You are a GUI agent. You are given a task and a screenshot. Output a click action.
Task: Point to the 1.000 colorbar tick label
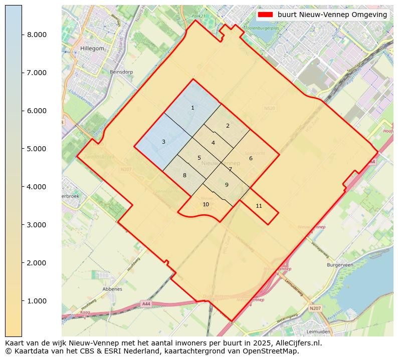[37, 301]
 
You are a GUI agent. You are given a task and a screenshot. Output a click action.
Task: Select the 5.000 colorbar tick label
[37, 149]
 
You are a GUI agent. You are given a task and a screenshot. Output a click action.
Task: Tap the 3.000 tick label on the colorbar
[37, 225]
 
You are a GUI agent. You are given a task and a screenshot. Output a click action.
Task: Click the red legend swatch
[265, 15]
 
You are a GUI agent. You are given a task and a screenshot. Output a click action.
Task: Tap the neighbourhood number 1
[192, 108]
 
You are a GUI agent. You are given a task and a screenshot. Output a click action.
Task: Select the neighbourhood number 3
[163, 142]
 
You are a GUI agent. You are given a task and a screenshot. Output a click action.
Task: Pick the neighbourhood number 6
[251, 158]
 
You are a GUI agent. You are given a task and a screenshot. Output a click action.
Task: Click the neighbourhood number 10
[206, 204]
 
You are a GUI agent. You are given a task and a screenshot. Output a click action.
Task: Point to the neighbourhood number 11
[259, 206]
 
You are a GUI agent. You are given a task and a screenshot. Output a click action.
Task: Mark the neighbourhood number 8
[184, 175]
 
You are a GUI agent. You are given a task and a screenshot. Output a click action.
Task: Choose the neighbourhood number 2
[228, 126]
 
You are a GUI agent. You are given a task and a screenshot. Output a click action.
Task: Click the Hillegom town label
[92, 49]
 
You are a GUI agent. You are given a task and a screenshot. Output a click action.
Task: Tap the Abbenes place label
[112, 289]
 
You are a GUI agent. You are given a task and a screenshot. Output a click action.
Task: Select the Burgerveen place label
[340, 264]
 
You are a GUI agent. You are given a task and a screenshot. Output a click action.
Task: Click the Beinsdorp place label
[121, 72]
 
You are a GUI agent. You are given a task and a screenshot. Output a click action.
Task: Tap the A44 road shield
[146, 303]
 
